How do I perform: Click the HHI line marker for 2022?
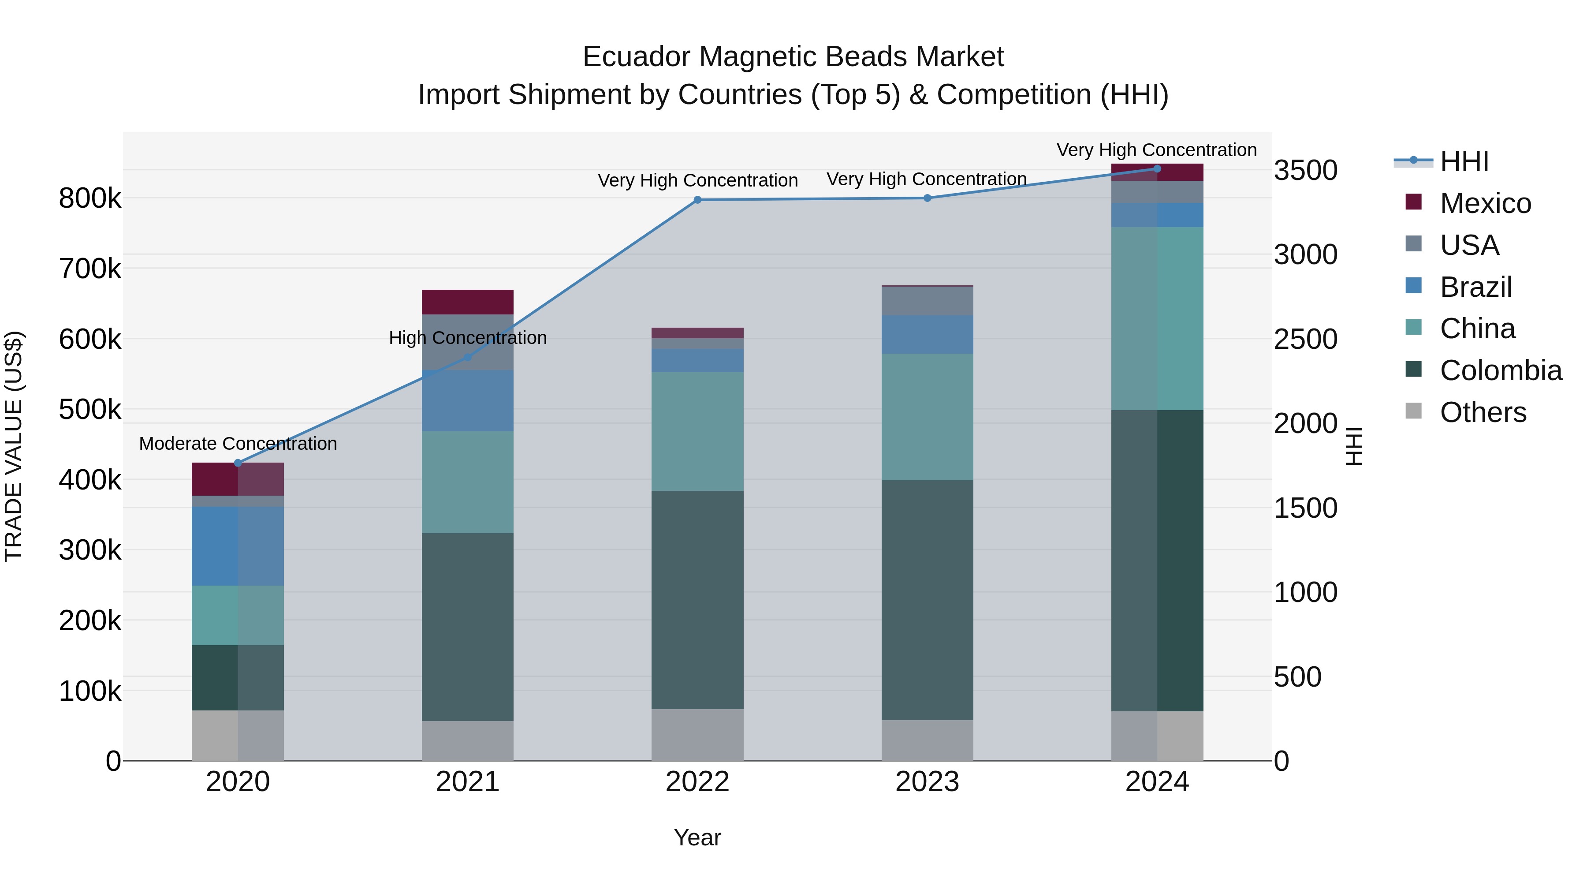[x=697, y=200]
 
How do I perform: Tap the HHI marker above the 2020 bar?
[x=238, y=463]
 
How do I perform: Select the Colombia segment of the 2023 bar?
[x=927, y=600]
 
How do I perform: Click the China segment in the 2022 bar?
[x=697, y=431]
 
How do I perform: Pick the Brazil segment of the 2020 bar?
[x=238, y=546]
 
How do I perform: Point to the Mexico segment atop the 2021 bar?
[x=468, y=302]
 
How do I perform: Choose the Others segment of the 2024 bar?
[x=1157, y=736]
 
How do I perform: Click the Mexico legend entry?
[x=1485, y=203]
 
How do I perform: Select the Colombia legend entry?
[x=1500, y=370]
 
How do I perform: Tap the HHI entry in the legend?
[x=1464, y=161]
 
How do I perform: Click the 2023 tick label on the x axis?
[x=927, y=782]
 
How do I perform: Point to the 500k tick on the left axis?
[x=90, y=409]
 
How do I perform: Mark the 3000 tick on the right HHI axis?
[x=1305, y=254]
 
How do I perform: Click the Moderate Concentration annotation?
[x=238, y=444]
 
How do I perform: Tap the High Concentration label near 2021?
[x=468, y=338]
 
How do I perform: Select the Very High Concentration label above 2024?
[x=1157, y=150]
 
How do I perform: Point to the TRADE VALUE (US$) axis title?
[x=14, y=446]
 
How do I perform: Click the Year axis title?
[x=697, y=837]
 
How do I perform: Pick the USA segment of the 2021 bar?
[x=468, y=342]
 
